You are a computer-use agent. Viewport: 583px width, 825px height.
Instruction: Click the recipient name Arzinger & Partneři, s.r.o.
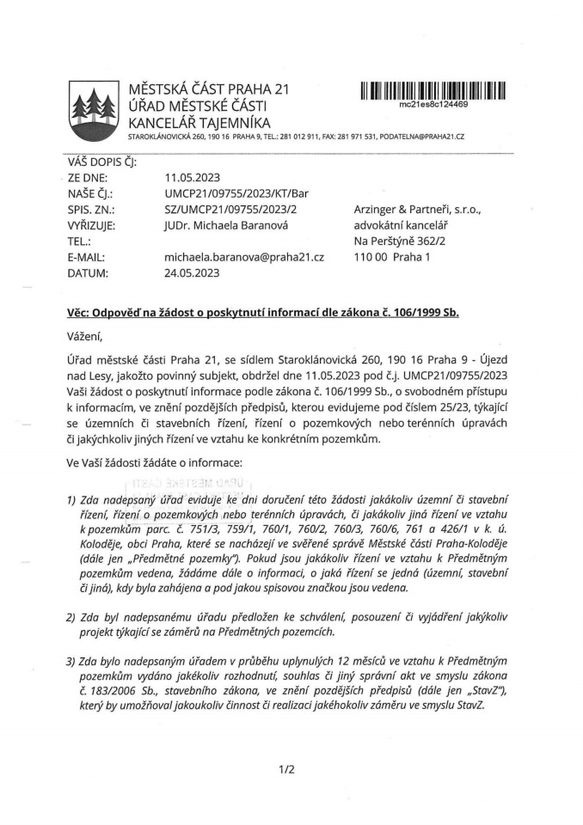click(420, 209)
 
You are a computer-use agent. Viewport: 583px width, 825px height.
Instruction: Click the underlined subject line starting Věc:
click(262, 313)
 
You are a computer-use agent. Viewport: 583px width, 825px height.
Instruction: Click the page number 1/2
click(287, 769)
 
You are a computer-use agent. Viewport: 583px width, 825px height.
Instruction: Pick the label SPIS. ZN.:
click(90, 209)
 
